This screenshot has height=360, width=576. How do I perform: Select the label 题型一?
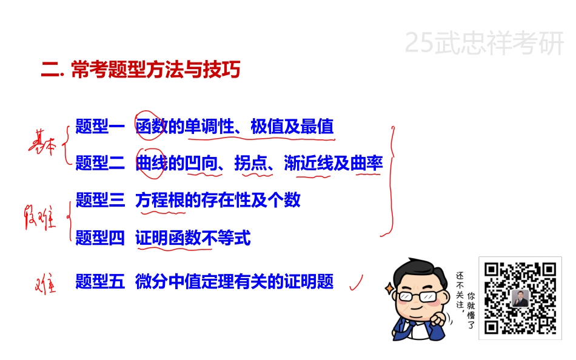[100, 127]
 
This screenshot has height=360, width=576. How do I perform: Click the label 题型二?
[100, 163]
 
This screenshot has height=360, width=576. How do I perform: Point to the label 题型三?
[100, 199]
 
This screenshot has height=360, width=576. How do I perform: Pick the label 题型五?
[100, 281]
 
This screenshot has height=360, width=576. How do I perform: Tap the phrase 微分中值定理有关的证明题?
[235, 281]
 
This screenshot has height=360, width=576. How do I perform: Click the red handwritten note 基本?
[44, 145]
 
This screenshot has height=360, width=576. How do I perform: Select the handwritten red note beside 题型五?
[46, 283]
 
